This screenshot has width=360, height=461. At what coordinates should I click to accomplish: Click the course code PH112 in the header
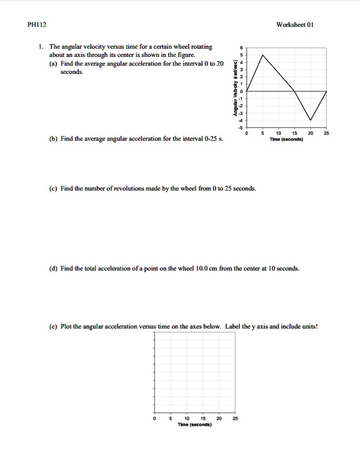tap(37, 25)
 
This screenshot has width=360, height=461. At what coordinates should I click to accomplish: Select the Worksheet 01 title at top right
tap(295, 25)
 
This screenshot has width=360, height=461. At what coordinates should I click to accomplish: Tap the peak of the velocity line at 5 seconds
tap(263, 55)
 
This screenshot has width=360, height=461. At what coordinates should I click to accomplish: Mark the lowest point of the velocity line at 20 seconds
tap(311, 120)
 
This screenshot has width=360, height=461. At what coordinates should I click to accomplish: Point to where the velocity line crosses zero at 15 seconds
tap(295, 91)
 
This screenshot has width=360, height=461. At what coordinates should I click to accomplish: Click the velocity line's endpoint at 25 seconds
tap(327, 91)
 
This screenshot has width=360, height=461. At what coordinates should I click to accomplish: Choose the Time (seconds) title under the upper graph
tap(287, 139)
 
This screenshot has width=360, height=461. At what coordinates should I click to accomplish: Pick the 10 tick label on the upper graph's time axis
tap(279, 133)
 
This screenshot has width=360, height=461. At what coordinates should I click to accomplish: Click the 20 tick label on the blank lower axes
tap(219, 418)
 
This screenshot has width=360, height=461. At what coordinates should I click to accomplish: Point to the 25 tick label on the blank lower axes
tap(235, 418)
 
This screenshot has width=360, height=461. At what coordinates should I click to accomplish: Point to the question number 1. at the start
tap(41, 47)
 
